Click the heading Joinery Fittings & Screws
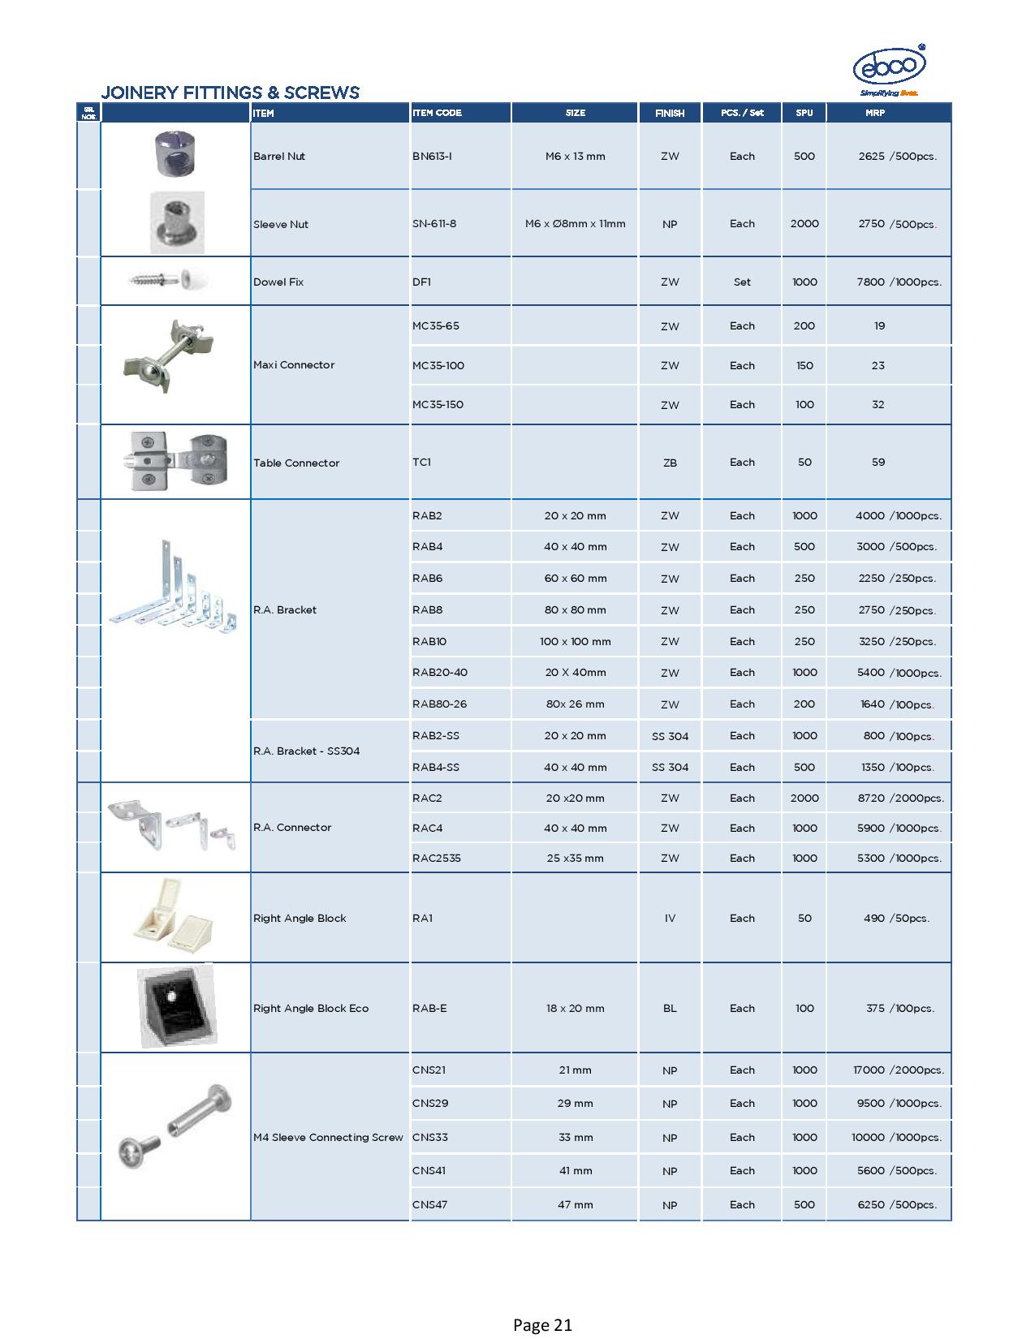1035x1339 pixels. click(x=230, y=93)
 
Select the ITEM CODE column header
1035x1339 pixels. click(x=437, y=113)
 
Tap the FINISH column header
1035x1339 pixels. click(x=670, y=114)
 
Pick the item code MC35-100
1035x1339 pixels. click(x=438, y=365)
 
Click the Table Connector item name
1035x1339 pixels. click(x=296, y=463)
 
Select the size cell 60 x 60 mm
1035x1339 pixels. click(x=575, y=579)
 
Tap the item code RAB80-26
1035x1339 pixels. click(x=439, y=704)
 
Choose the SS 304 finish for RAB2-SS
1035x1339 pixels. click(x=670, y=736)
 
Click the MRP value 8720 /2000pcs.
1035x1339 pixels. click(x=900, y=799)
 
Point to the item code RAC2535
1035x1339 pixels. click(x=436, y=858)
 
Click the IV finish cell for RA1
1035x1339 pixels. click(x=670, y=919)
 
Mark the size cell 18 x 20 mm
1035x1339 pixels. click(x=575, y=1009)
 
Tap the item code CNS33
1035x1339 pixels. click(x=429, y=1137)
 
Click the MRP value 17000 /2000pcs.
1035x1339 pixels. click(x=898, y=1070)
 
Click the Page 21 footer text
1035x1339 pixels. click(x=542, y=1325)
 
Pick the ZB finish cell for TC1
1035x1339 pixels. click(x=670, y=463)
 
